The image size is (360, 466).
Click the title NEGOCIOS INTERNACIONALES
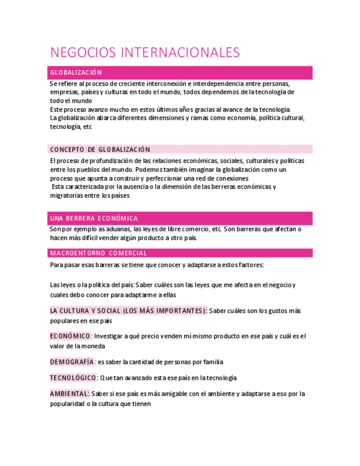coord(145,53)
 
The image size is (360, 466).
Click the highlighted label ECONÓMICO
coord(70,336)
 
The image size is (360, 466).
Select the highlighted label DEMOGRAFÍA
coord(71,362)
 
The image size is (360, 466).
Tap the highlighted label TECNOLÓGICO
coord(73,378)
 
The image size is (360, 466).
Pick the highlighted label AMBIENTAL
coord(69,394)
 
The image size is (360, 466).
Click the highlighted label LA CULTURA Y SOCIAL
coord(128,311)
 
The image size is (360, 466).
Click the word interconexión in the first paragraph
coord(165,83)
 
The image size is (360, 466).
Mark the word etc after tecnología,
coord(87,127)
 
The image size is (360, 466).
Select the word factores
coord(250,265)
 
